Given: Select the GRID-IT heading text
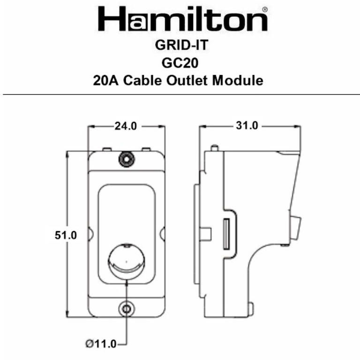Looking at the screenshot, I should [180, 46].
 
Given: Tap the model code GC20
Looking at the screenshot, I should [180, 63].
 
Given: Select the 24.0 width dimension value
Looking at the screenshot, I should [126, 126].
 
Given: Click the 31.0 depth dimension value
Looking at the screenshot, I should [247, 126].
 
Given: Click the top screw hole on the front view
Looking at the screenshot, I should [126, 159].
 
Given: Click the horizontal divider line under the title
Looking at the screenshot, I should [180, 95].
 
